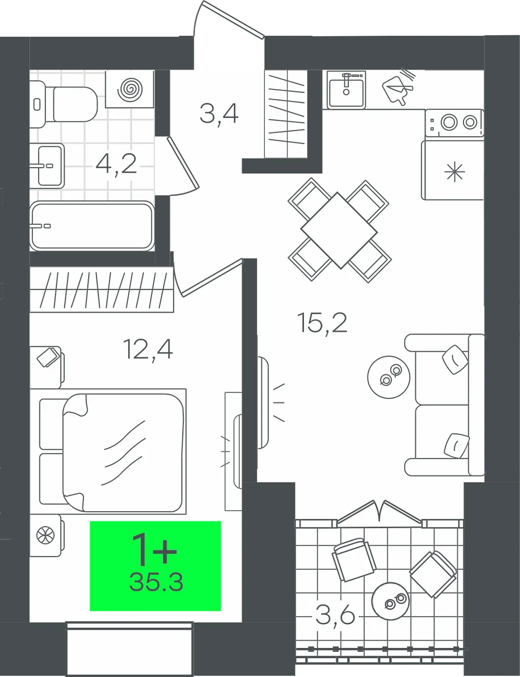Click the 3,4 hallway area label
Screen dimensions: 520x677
(219, 114)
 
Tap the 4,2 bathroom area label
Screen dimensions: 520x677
(116, 164)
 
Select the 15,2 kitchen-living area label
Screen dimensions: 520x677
(322, 324)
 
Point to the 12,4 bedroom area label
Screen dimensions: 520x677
(148, 350)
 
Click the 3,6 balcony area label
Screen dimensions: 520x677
(336, 616)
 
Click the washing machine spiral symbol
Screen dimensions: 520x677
(129, 89)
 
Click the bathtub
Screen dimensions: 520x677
(92, 226)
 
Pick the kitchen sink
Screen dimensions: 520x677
(346, 90)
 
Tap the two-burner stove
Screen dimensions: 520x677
(455, 123)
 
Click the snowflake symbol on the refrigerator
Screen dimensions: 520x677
(455, 171)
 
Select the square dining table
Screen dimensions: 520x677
(339, 231)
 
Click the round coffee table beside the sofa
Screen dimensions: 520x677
(389, 377)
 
